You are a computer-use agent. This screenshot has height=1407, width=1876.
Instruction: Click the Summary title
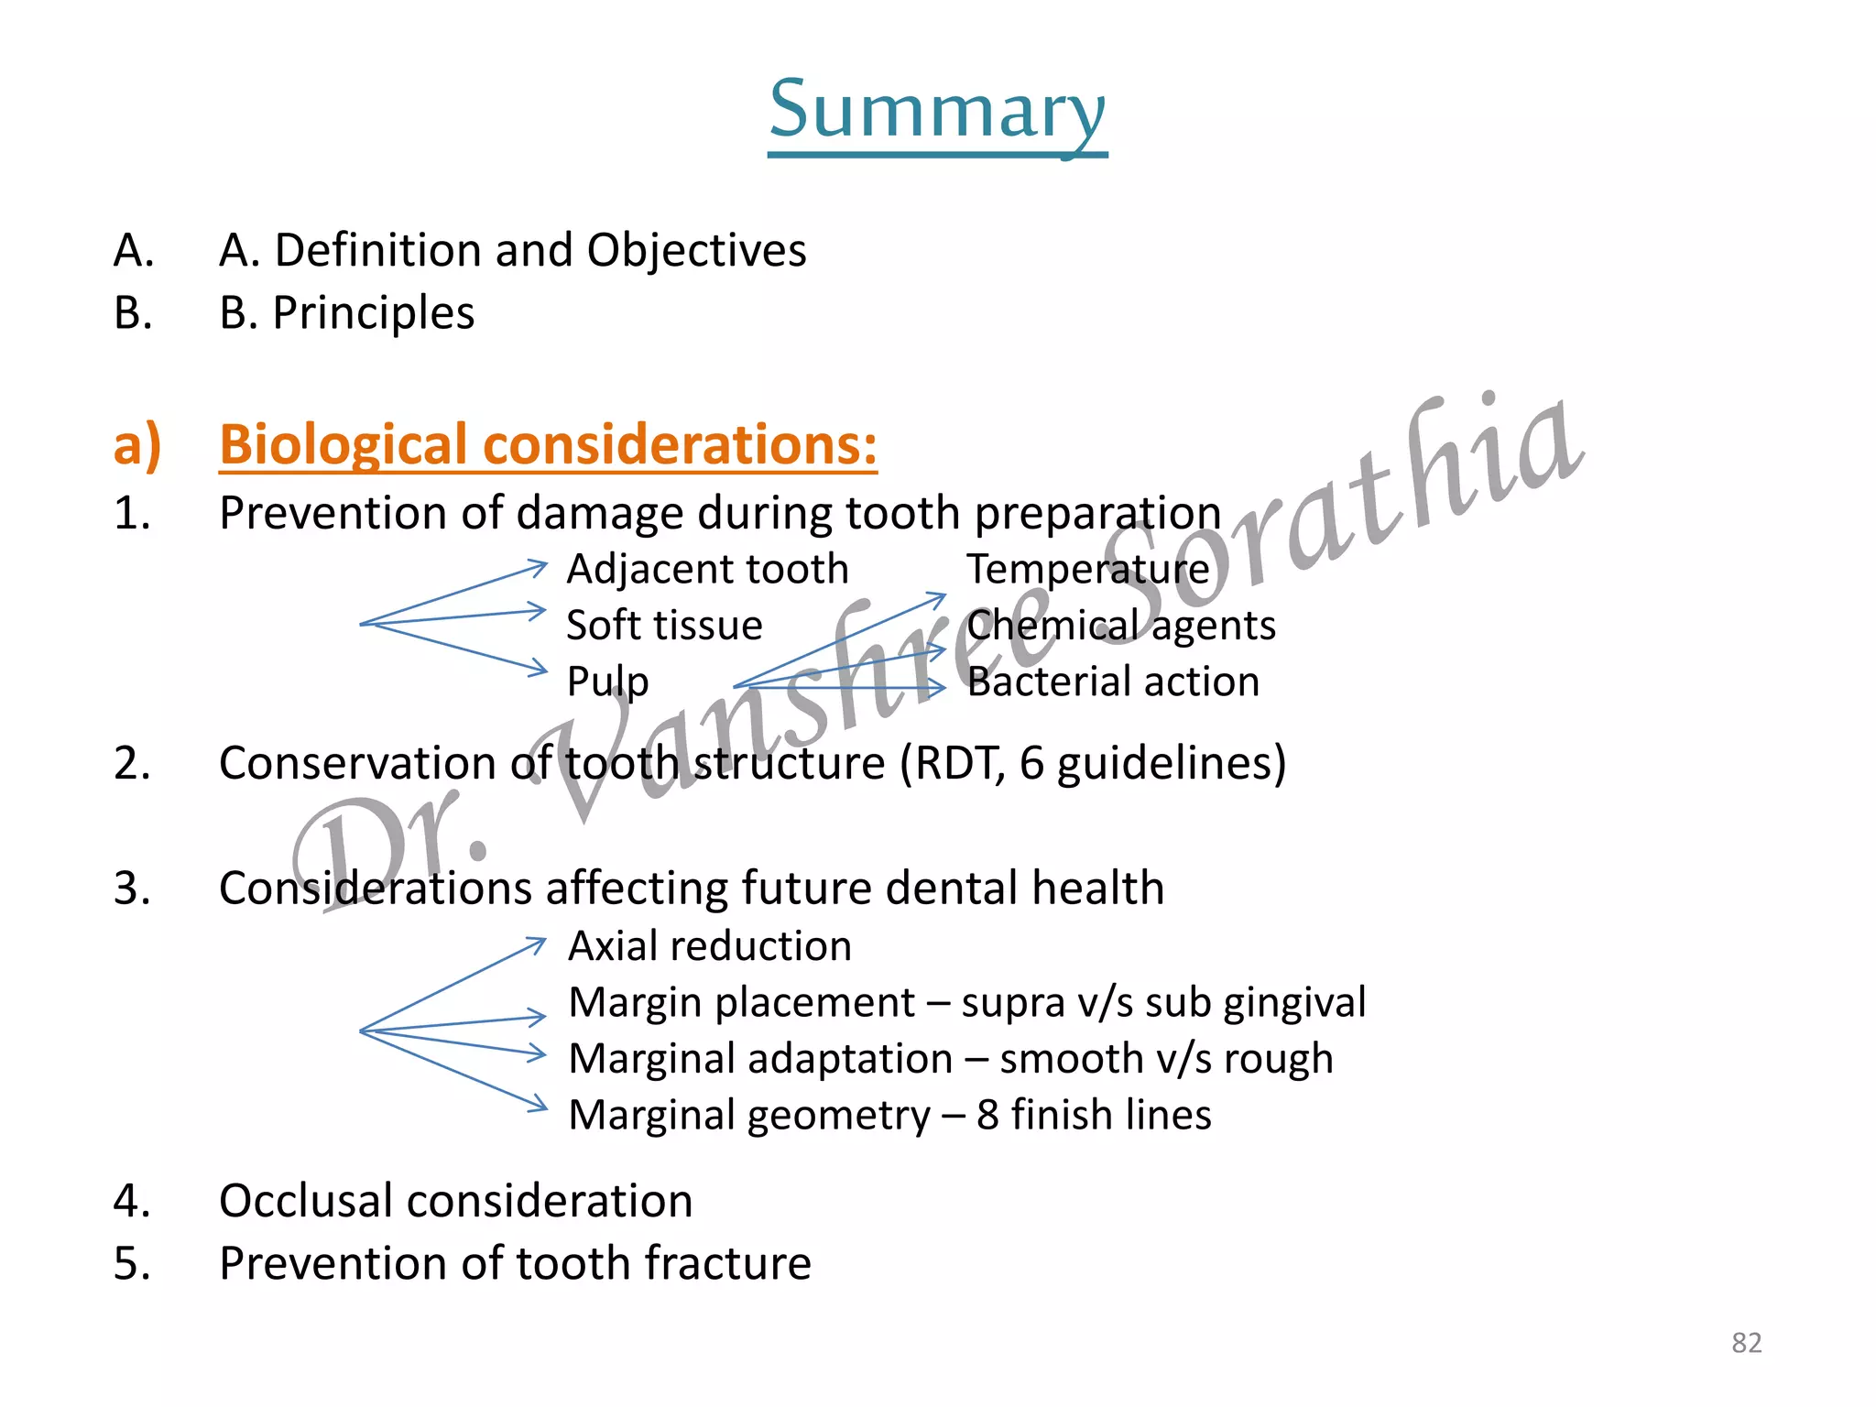point(937,110)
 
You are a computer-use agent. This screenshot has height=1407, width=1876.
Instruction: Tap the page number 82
point(1746,1343)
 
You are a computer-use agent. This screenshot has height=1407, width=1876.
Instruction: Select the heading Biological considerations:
point(548,445)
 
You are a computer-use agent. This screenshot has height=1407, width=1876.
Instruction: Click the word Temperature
point(1088,569)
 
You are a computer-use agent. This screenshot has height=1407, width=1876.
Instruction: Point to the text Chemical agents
point(1121,626)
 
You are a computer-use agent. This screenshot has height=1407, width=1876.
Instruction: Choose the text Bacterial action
point(1113,682)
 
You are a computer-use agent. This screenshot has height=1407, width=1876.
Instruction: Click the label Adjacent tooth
point(707,569)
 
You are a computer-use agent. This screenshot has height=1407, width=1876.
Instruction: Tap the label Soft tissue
point(664,626)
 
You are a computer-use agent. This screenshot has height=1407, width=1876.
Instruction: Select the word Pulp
point(607,682)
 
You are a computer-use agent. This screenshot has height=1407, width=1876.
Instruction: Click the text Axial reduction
point(710,946)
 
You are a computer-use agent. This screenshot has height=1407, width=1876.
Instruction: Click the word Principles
point(374,313)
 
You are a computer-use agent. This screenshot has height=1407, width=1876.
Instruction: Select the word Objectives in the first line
point(696,250)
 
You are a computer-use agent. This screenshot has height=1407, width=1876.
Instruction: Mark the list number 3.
point(132,889)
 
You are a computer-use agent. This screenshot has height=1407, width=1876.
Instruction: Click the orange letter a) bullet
point(136,445)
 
